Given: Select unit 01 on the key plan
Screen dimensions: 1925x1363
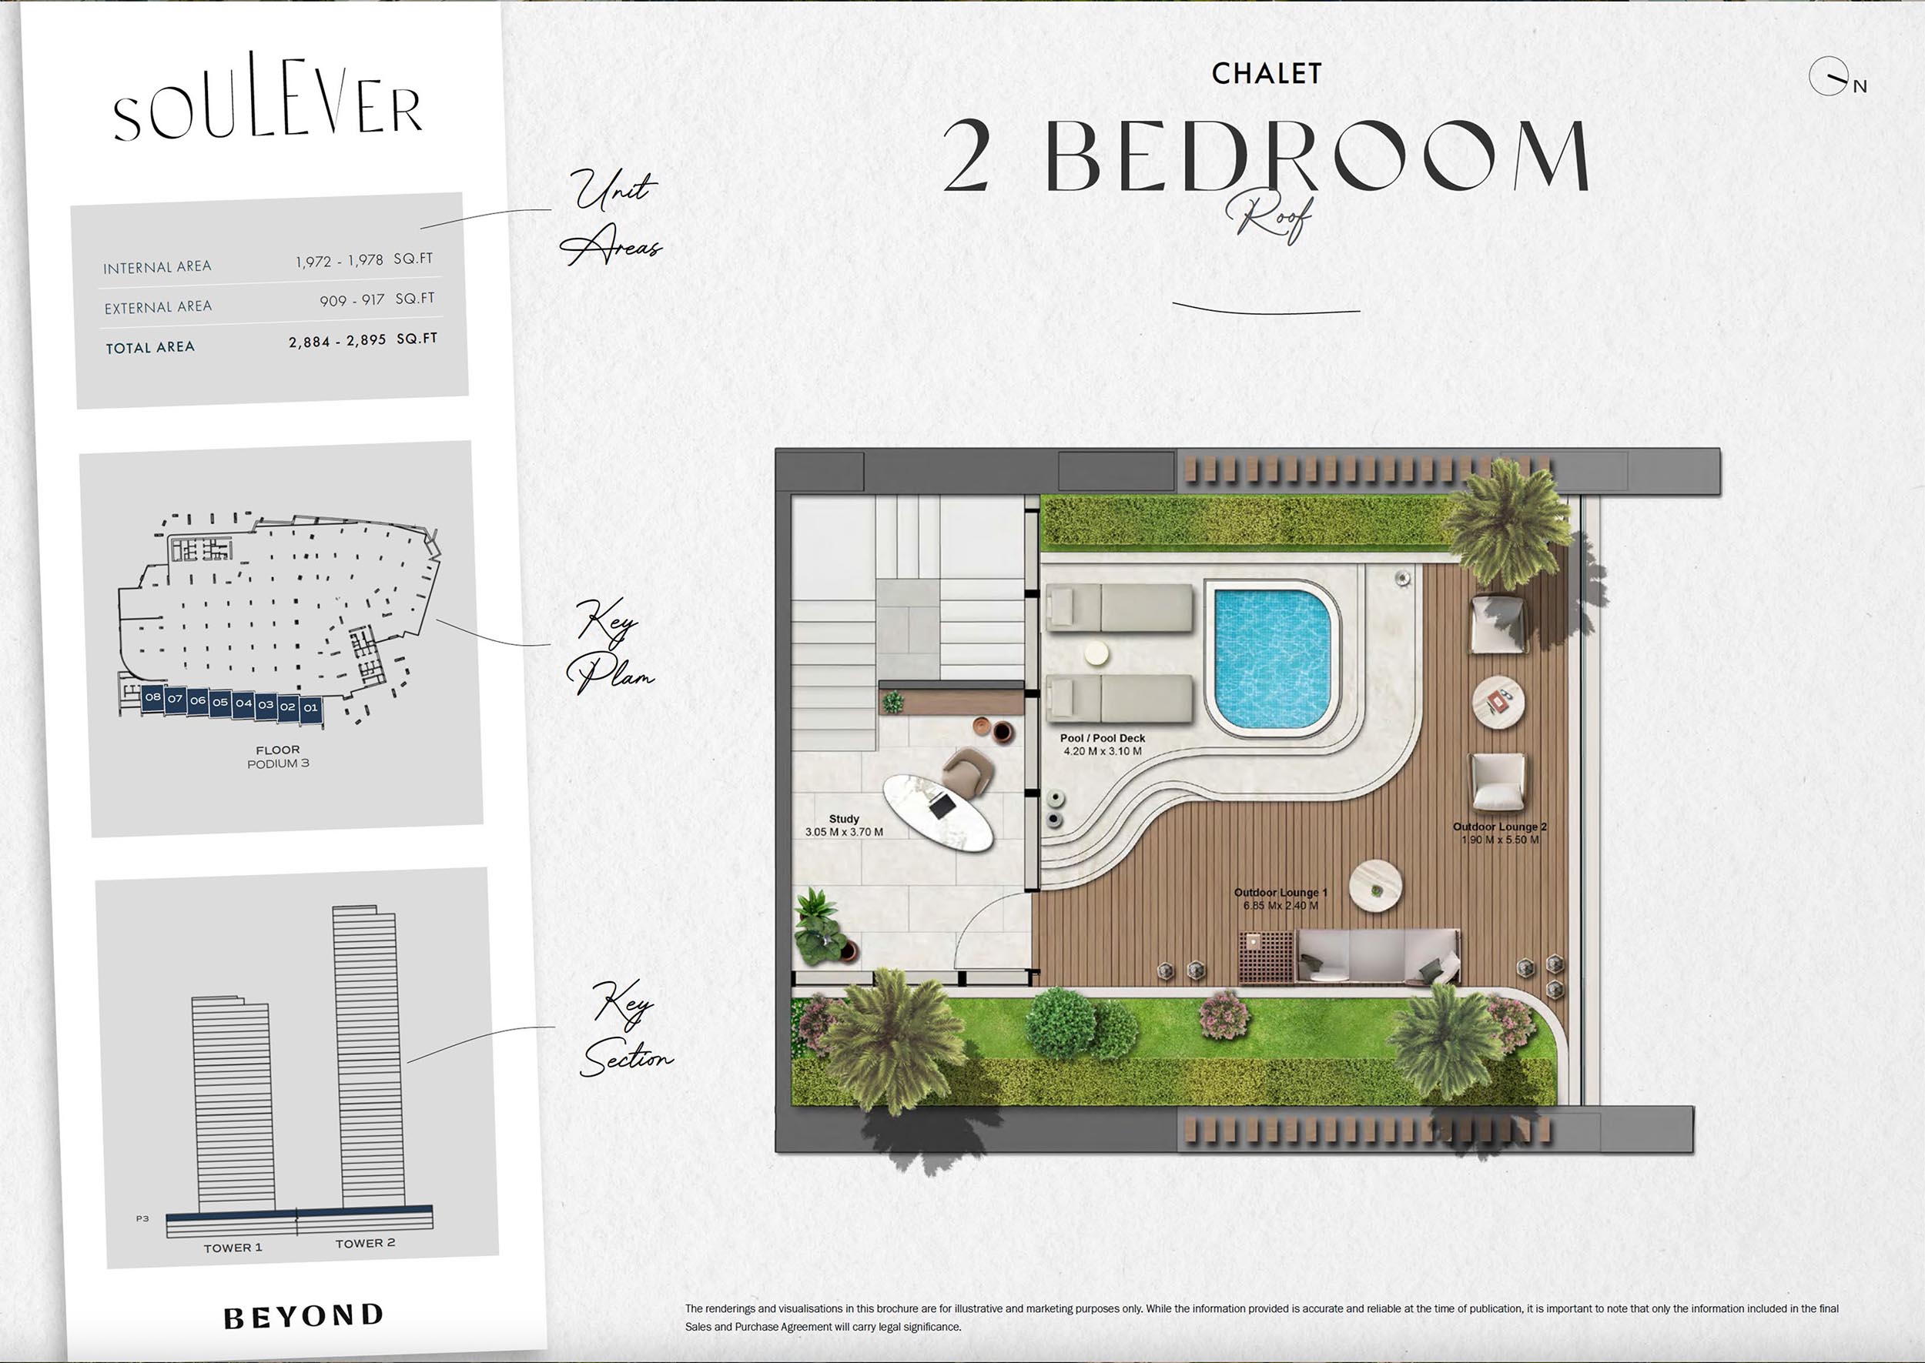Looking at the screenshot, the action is [310, 707].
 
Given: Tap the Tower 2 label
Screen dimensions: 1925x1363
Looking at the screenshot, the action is [365, 1243].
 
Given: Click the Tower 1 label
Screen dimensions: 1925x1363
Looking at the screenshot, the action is [233, 1248].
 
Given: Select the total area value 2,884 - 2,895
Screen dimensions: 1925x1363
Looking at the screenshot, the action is [337, 341].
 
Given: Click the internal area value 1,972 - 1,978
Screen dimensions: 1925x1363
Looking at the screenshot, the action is [339, 261].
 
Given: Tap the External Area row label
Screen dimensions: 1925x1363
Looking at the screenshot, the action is [158, 307].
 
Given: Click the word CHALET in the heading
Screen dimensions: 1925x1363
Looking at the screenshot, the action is [1267, 74].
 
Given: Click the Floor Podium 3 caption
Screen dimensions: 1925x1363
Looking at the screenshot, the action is [278, 757].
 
